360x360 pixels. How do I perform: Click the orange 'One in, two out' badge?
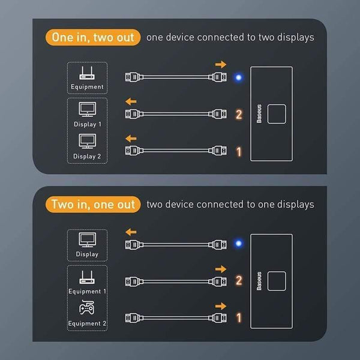(93, 37)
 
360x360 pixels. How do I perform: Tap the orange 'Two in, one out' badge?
(93, 205)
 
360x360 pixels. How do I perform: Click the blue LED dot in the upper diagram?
(239, 77)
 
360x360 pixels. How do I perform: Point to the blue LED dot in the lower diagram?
(239, 243)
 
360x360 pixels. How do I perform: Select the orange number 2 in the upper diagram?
(239, 115)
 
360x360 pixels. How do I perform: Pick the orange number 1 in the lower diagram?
(239, 318)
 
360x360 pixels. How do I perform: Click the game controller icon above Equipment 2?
(87, 307)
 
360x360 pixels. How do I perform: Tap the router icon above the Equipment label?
(87, 73)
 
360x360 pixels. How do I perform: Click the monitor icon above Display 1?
(87, 110)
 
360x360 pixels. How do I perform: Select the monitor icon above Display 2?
(87, 141)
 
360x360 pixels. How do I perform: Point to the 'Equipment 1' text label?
(87, 292)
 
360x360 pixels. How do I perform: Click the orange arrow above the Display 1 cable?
(131, 101)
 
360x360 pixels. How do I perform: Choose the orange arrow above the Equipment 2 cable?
(221, 306)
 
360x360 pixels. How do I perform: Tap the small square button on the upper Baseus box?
(277, 114)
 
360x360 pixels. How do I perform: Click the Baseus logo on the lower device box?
(259, 281)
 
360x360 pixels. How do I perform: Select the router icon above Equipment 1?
(87, 277)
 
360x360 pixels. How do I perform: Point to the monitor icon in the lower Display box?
(87, 240)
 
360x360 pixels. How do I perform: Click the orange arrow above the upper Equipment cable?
(221, 65)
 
